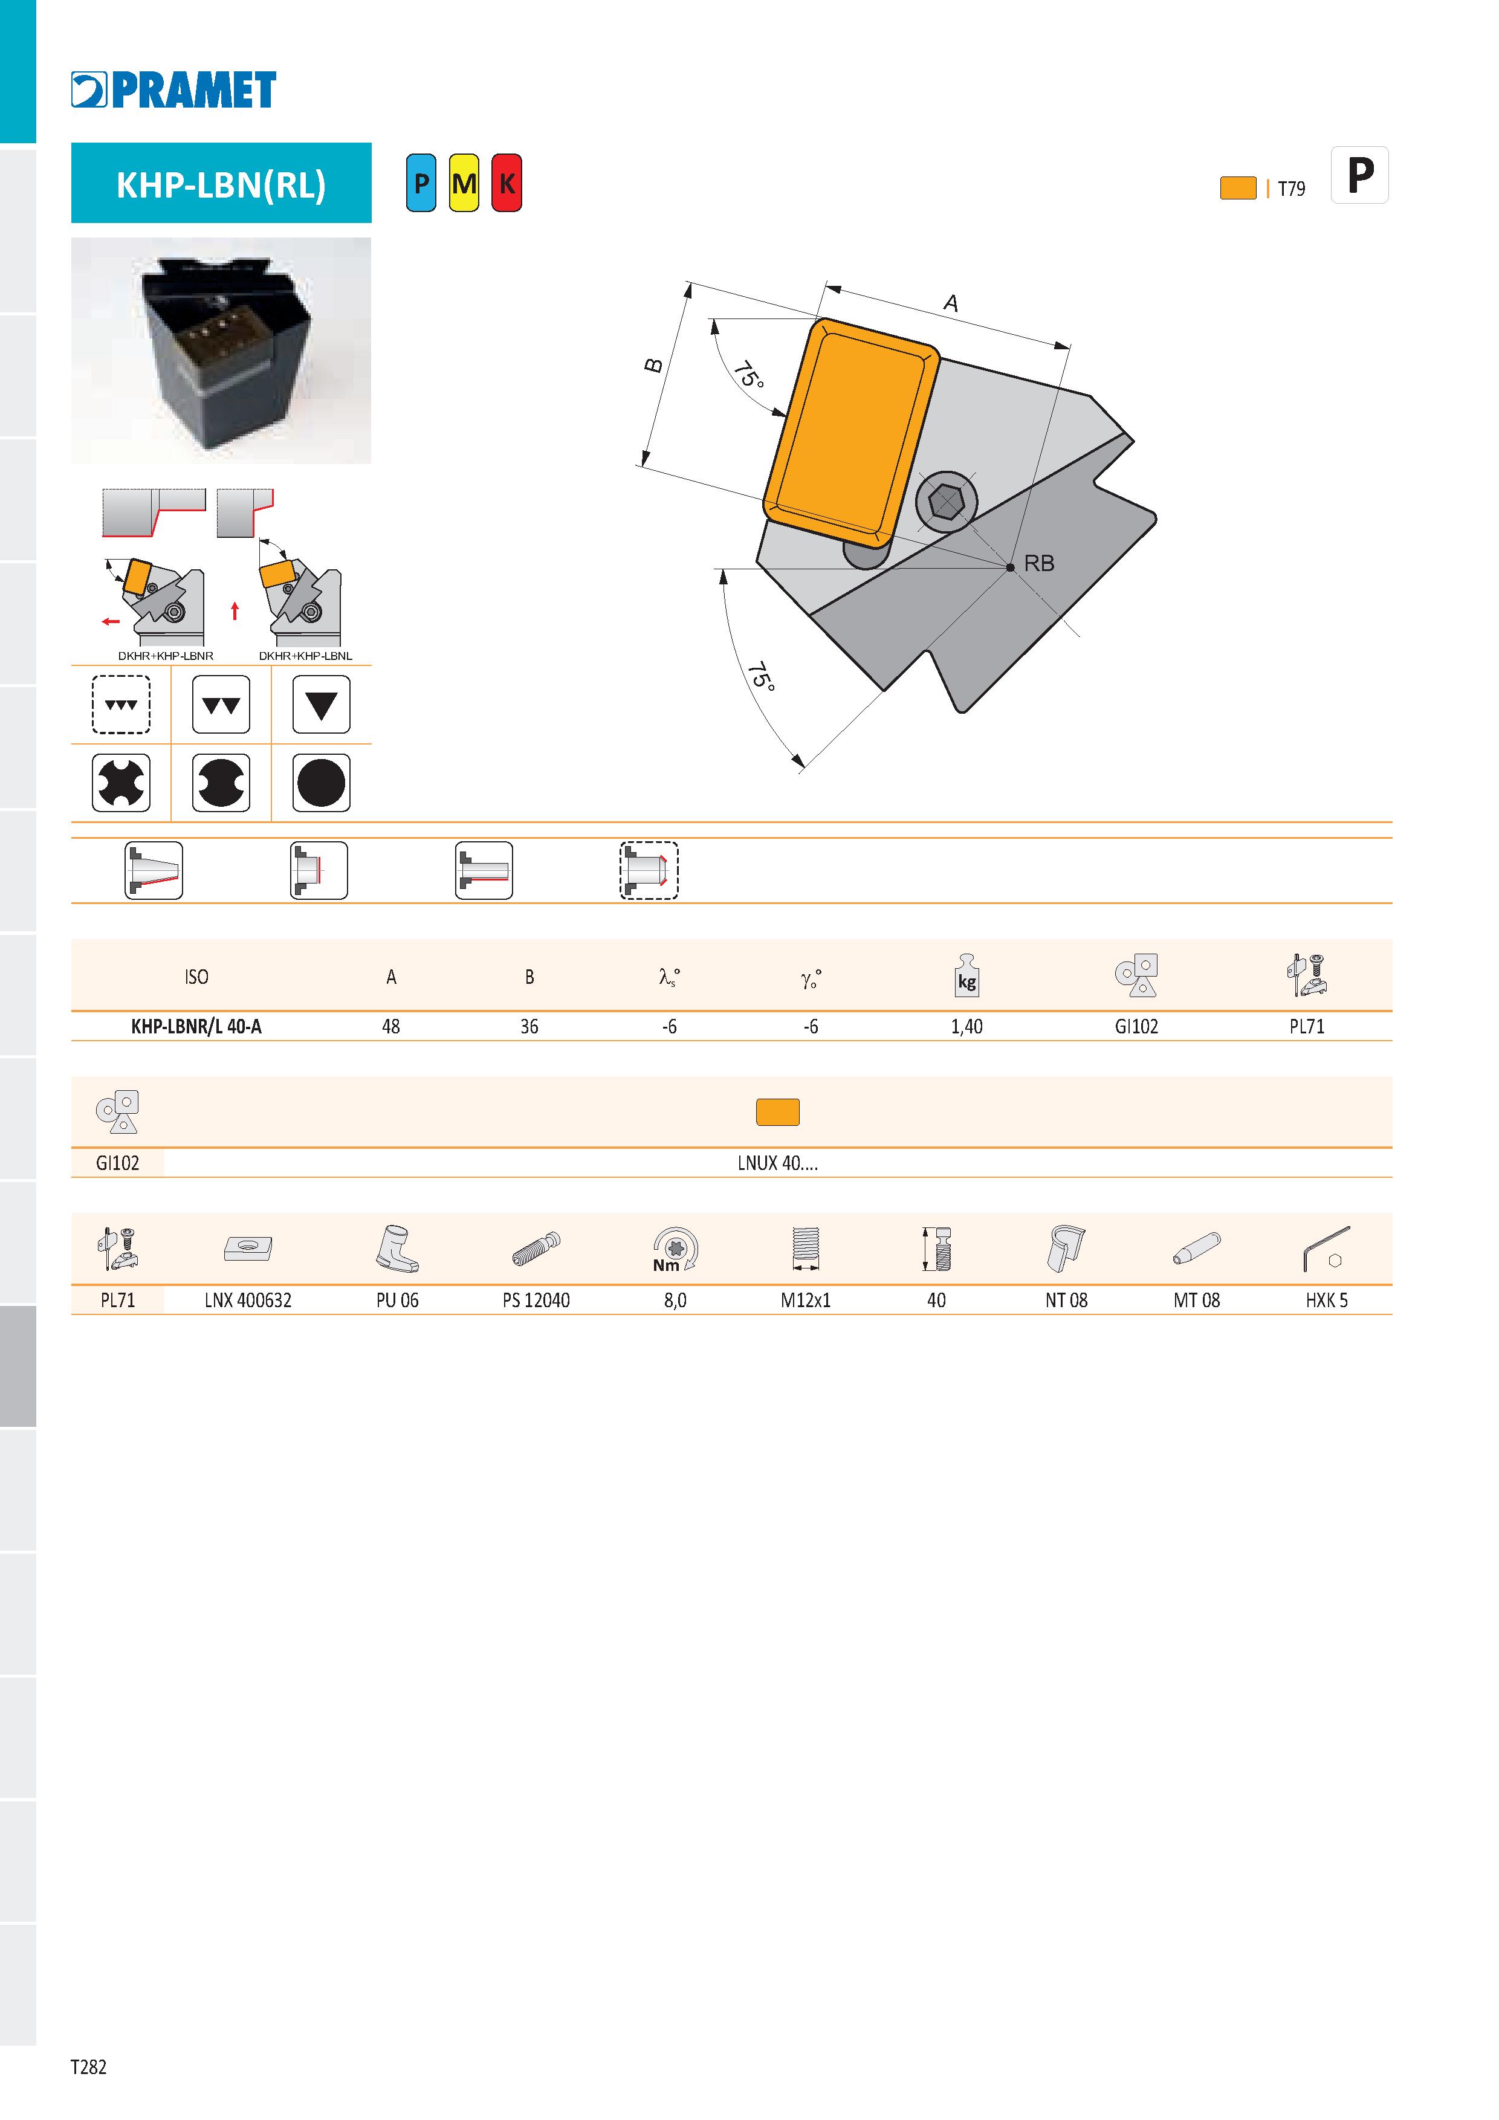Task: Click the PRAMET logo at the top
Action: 173,89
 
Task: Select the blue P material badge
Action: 421,183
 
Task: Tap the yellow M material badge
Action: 464,183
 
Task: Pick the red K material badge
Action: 506,183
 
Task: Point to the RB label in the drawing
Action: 1039,563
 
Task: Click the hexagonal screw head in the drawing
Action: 946,502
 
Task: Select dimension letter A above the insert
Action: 950,303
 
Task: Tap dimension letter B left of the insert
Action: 653,366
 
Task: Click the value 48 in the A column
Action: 390,1026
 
